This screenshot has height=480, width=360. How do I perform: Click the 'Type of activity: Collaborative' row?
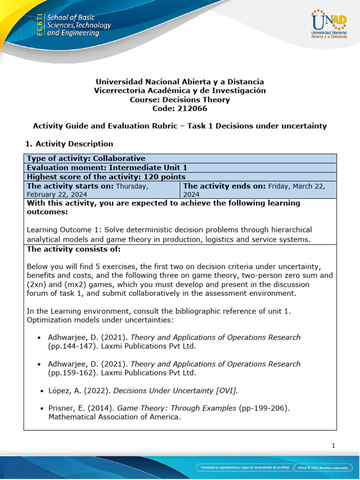point(86,158)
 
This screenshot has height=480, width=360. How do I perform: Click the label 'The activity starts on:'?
point(70,186)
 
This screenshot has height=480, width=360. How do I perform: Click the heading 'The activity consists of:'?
point(74,248)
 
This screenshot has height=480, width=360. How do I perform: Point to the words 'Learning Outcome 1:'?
point(64,230)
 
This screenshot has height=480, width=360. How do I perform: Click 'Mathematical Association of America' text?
point(114,417)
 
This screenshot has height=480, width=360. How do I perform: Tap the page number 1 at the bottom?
point(333,446)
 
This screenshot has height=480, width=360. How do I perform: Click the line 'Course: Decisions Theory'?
point(180,99)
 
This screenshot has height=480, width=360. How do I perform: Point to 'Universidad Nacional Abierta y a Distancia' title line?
point(180,82)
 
